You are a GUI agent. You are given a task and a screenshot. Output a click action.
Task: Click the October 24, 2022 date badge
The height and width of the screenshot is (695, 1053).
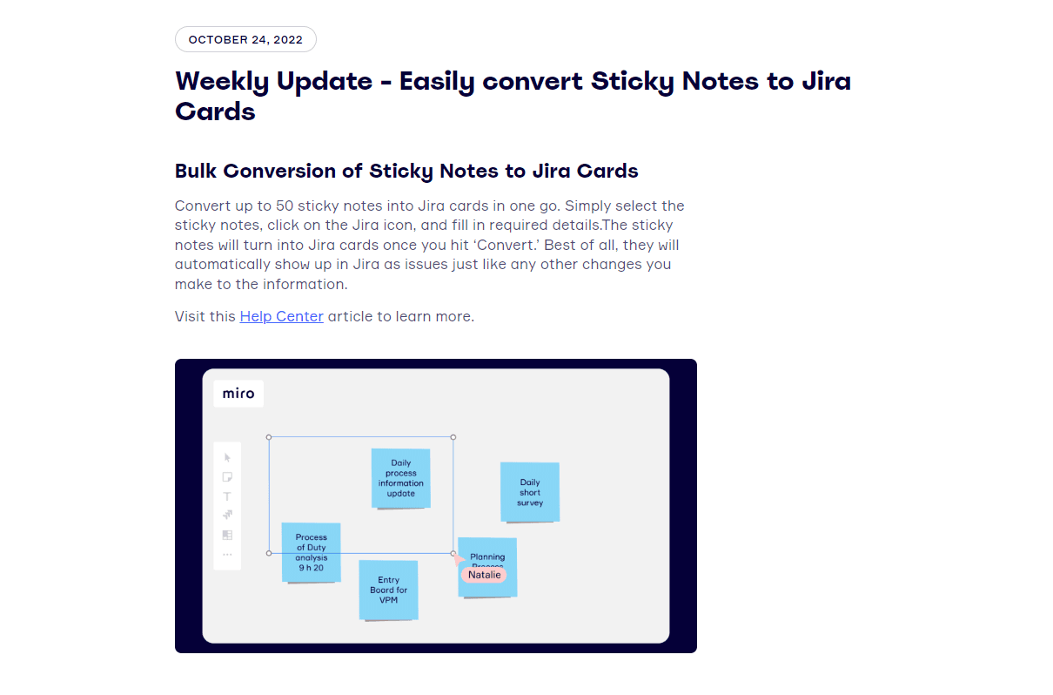245,39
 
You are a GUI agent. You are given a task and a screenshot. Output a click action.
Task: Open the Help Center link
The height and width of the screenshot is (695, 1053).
282,316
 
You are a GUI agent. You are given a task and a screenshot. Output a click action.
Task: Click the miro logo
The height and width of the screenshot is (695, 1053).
238,394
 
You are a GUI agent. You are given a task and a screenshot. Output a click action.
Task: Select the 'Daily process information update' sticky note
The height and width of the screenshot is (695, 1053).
401,478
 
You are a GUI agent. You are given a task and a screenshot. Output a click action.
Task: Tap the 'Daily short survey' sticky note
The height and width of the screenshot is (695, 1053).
530,492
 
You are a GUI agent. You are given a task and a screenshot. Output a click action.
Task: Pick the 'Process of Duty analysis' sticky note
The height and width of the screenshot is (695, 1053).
312,552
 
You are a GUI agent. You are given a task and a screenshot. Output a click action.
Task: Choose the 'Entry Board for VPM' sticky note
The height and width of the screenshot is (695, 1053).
388,590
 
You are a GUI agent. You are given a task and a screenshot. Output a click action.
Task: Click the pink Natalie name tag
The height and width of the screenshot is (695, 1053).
484,575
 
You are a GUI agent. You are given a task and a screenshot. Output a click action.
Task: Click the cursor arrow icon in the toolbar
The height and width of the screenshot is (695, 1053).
227,457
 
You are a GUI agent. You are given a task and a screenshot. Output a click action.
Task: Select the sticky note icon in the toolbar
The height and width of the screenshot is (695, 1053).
227,477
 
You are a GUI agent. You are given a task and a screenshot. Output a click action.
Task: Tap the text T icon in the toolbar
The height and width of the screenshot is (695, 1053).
227,496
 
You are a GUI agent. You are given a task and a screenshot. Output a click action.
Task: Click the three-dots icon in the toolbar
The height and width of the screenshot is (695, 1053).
227,554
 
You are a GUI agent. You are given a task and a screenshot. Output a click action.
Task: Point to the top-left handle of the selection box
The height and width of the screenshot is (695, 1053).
269,437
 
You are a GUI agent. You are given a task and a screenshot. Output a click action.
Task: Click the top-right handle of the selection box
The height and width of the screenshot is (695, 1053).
453,437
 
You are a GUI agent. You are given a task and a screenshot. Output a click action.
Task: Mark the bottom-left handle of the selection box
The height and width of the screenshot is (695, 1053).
269,553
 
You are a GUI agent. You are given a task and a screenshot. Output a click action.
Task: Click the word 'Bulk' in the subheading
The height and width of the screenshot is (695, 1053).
196,171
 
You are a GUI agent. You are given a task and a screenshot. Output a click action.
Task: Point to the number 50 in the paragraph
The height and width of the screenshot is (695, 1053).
285,206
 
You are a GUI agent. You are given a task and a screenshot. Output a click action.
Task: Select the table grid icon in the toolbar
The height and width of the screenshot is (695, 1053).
227,535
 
